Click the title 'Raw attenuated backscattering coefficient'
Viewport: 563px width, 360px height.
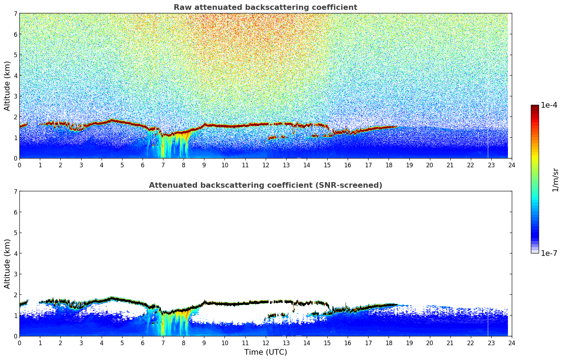[265, 7]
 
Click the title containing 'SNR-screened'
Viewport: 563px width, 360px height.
[265, 185]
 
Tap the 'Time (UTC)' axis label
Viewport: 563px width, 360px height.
[265, 352]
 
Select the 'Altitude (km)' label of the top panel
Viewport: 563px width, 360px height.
[7, 86]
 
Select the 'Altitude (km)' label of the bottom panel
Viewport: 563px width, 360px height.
[7, 264]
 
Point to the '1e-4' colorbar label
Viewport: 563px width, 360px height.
[549, 105]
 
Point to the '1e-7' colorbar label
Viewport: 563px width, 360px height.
[549, 253]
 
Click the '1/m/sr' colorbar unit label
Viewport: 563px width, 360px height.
[555, 180]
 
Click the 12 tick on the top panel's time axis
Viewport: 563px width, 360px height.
[265, 165]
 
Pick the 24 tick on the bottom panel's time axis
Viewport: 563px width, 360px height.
[511, 343]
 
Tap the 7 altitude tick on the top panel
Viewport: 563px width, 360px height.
[16, 13]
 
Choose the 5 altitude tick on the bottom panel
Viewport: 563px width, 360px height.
[16, 233]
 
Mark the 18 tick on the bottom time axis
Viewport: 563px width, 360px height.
[389, 343]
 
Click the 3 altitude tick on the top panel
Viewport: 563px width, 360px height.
[16, 96]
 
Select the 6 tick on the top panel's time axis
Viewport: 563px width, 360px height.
[143, 165]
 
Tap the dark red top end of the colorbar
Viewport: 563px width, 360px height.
[535, 107]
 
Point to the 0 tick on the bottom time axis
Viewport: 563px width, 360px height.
[19, 343]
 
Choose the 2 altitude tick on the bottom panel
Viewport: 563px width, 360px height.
[16, 295]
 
